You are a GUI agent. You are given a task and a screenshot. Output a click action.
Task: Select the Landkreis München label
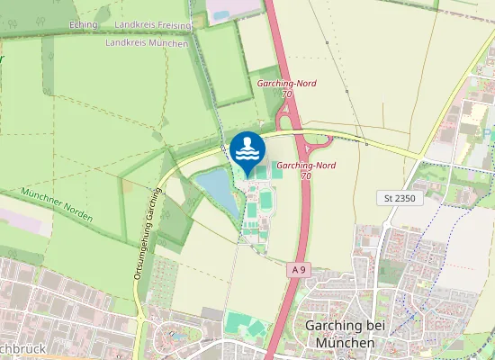click(148, 42)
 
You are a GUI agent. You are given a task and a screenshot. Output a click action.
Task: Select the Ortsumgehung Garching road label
click(143, 233)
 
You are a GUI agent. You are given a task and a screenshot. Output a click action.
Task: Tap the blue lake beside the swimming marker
click(216, 189)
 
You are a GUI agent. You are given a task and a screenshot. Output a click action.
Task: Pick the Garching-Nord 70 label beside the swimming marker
click(306, 170)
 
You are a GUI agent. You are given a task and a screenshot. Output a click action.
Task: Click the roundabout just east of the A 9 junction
click(320, 141)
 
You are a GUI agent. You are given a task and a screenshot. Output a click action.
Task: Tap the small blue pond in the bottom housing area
click(176, 335)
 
